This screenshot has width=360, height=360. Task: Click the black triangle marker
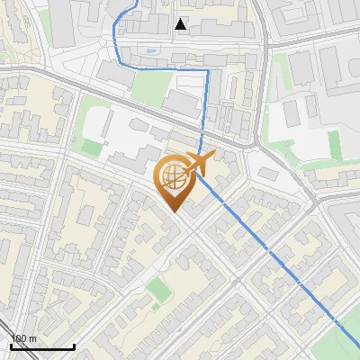point(181,24)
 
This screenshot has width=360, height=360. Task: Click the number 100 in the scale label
point(19,338)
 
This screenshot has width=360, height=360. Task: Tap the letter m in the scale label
point(32,338)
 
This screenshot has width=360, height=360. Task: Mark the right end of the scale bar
point(74,346)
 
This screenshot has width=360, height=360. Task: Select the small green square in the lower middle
point(158,289)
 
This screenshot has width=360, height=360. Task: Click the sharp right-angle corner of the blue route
point(208,70)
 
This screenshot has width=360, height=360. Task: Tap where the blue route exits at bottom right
point(358,346)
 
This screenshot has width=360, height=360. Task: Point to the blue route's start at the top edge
point(137,2)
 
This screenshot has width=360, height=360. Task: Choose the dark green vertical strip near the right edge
point(335,145)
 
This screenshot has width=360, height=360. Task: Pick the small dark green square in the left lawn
point(91,145)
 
